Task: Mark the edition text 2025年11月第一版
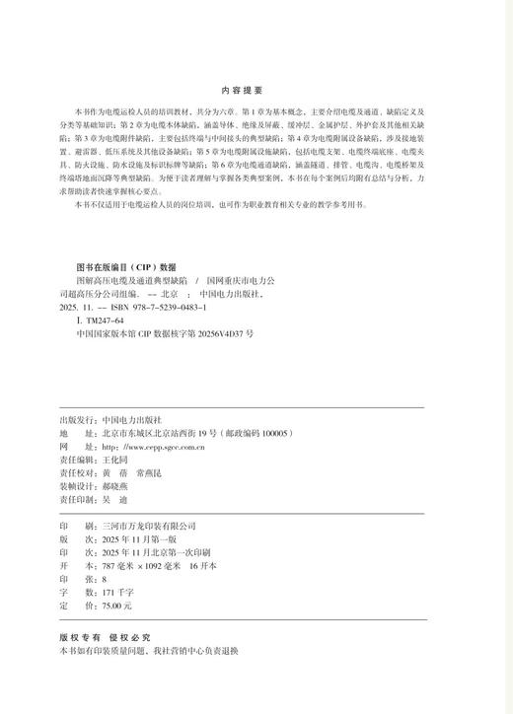coord(133,539)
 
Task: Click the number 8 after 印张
coord(105,580)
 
